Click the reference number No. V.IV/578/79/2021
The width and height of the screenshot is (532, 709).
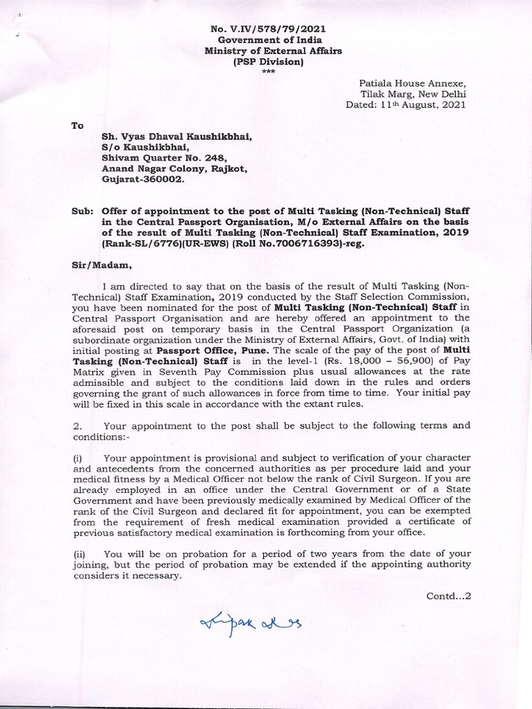pos(267,28)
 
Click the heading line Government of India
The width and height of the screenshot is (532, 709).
pos(267,40)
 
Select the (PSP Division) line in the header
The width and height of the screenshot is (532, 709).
pos(267,62)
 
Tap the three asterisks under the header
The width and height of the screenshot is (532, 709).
pos(267,73)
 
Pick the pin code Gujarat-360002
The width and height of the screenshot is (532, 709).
pos(144,178)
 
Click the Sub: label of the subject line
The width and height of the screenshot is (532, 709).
pos(80,209)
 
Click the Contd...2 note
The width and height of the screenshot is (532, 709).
pos(449,593)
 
